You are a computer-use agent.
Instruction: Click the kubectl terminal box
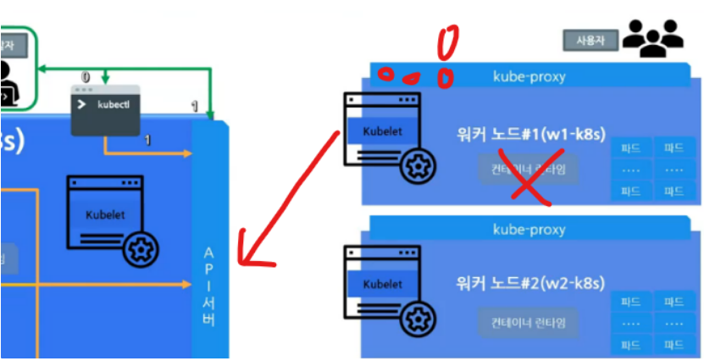pyautogui.click(x=105, y=110)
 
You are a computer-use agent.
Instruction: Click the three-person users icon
pyautogui.click(x=653, y=38)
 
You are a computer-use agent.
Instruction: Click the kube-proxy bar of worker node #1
pyautogui.click(x=529, y=76)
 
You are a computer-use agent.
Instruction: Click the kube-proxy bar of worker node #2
pyautogui.click(x=529, y=230)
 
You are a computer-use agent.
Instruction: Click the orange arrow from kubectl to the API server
pyautogui.click(x=152, y=153)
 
